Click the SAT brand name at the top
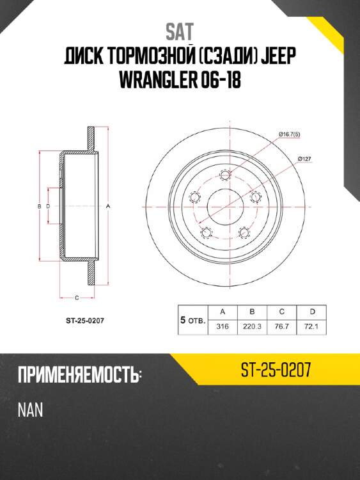point(180,31)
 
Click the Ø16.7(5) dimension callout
point(290,134)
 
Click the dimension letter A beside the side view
point(109,206)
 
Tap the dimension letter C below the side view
point(77,298)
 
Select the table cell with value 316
point(223,326)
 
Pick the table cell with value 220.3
point(253,326)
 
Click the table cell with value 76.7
point(282,326)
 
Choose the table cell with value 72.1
point(312,326)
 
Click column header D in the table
point(312,312)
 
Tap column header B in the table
point(253,312)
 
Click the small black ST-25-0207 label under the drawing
point(76,321)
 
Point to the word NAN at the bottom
point(31,410)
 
